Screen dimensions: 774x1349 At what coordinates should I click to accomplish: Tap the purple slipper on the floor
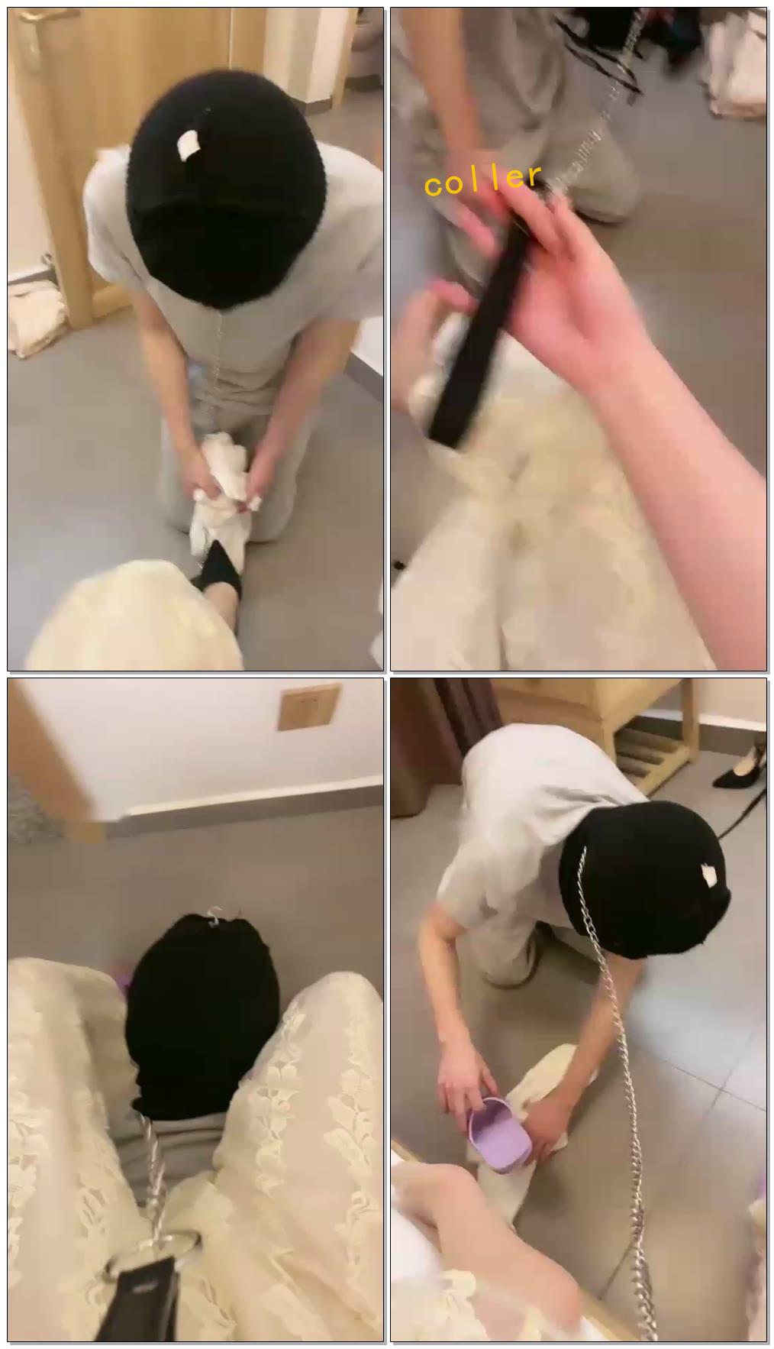[x=498, y=1129]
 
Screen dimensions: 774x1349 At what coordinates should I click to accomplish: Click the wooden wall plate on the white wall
[x=308, y=708]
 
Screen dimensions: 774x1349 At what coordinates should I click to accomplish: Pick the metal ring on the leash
[x=178, y=1242]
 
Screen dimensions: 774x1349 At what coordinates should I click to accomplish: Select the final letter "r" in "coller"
[x=534, y=176]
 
